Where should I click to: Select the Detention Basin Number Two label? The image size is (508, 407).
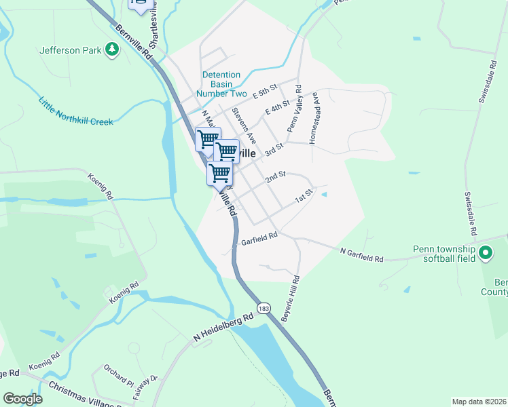221,84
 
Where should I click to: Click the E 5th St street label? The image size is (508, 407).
265,90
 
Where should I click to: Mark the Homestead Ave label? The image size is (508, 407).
314,118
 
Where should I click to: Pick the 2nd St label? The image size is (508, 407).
275,176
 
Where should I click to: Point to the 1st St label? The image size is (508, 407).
302,197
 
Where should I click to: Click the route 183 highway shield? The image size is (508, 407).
264,308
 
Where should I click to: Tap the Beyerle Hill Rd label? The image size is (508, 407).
291,299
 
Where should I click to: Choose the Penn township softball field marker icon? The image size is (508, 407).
486,254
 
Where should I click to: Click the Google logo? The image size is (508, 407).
22,399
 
